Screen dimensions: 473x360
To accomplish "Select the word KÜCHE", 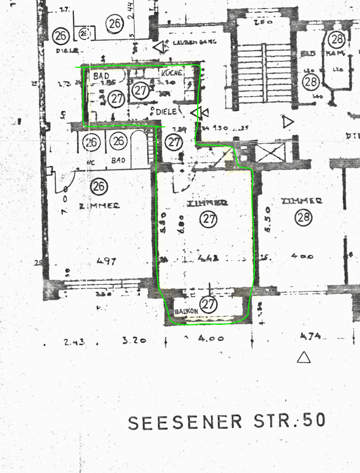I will pos(171,73).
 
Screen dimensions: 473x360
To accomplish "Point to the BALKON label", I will pos(185,310).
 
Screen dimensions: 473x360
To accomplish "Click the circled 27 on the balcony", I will pos(208,304).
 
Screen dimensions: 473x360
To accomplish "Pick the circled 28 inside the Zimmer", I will pos(303,219).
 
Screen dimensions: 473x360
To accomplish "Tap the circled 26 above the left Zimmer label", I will pos(99,186).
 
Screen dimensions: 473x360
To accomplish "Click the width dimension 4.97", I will pos(107,261).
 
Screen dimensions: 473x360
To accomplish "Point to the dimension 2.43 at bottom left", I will pos(74,342).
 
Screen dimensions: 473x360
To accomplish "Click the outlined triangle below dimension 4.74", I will pos(304,358).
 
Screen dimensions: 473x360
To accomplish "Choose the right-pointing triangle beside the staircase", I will pos(288,121).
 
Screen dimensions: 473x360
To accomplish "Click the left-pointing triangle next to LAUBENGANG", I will pos(159,47).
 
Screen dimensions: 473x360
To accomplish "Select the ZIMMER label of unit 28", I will pos(302,201).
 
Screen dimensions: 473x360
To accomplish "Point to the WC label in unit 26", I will pos(90,160).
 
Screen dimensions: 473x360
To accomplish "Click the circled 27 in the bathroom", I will pos(116,99).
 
